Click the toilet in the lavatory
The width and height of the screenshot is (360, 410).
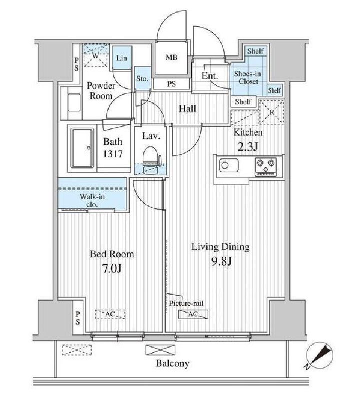151,159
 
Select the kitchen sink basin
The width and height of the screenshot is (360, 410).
229,165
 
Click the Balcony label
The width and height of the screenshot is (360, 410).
173,363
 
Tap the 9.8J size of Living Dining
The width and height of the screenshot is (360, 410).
222,261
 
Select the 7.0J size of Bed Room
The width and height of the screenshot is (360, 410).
112,268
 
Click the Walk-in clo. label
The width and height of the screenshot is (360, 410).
92,200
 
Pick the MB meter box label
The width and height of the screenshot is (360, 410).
171,57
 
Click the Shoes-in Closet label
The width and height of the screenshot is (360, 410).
248,77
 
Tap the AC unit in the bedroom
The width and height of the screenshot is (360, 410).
110,314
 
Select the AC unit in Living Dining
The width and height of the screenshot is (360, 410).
193,314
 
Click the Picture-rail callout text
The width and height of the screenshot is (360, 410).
186,303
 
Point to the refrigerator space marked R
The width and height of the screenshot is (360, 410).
271,111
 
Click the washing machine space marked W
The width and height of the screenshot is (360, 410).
95,56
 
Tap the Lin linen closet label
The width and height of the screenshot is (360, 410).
121,58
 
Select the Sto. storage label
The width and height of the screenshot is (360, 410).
142,78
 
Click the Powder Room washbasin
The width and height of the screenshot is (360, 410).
74,103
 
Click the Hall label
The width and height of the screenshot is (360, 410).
187,108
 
